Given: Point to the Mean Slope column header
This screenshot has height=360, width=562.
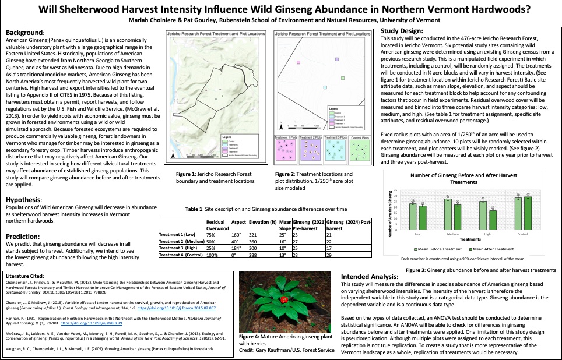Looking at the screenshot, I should point(284,225).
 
